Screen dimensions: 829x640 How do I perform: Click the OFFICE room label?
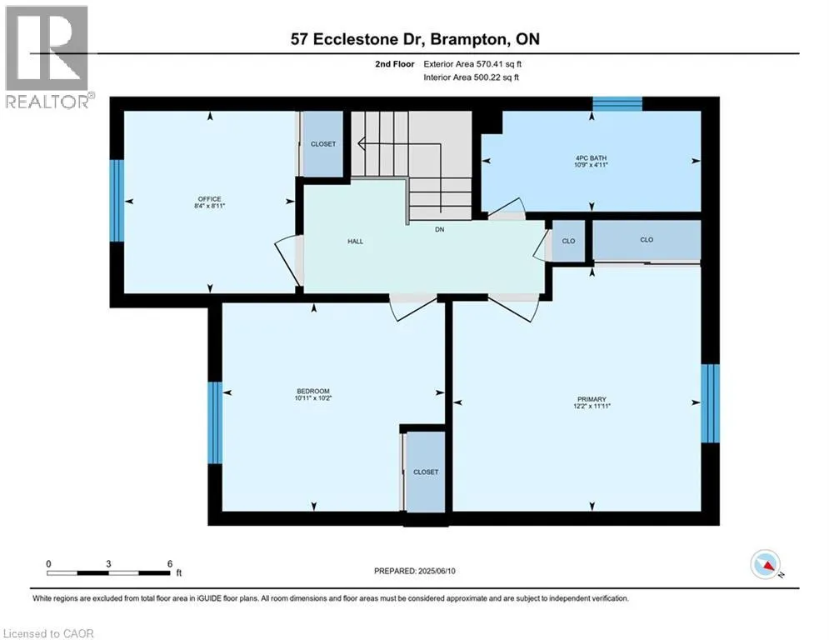click(x=210, y=199)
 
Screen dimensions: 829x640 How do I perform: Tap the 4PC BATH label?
click(x=591, y=157)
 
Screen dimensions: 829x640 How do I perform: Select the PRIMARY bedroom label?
click(x=592, y=399)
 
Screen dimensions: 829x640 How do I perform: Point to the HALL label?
click(x=355, y=241)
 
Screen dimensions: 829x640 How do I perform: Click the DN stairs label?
click(x=439, y=229)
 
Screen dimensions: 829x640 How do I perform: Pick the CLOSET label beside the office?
click(x=323, y=144)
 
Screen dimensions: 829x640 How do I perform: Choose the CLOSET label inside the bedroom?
click(x=426, y=472)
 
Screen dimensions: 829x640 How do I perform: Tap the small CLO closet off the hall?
click(x=568, y=241)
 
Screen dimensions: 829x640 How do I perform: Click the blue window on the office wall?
click(x=117, y=201)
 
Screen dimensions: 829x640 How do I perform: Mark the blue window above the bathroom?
click(x=617, y=103)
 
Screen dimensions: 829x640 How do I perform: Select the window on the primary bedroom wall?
click(x=710, y=403)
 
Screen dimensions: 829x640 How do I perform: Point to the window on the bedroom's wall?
click(x=215, y=422)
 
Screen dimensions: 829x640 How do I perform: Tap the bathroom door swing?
click(x=506, y=207)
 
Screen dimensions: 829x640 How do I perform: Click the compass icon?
click(x=765, y=564)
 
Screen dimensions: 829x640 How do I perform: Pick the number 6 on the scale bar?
click(x=170, y=564)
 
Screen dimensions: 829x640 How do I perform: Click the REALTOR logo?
click(x=47, y=57)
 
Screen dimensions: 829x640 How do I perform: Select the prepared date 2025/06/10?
click(x=437, y=571)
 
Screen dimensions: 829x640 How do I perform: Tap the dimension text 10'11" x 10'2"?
click(x=313, y=398)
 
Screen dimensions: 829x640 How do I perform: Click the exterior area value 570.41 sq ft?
click(x=499, y=64)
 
